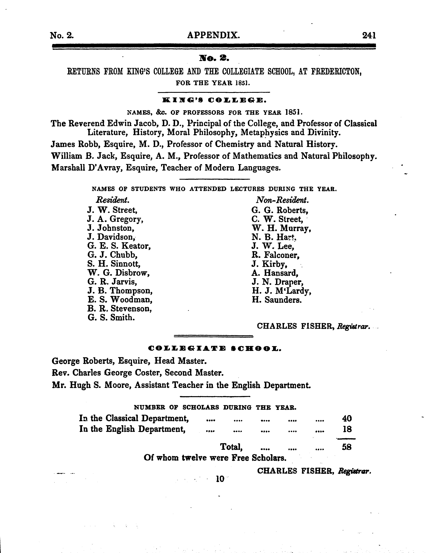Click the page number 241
pos(369,35)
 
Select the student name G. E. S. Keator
pos(119,246)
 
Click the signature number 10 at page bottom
pos(220,479)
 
